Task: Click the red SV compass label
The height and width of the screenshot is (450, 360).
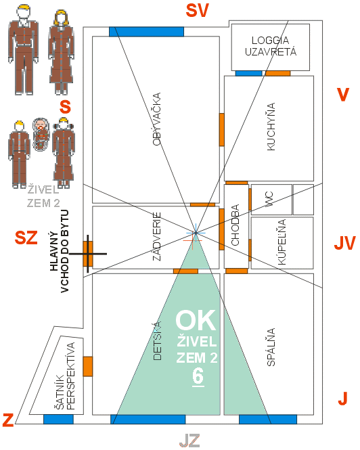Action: tap(197, 11)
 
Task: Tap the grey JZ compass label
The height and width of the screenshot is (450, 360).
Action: tap(189, 441)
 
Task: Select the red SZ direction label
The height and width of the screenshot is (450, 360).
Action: tap(26, 238)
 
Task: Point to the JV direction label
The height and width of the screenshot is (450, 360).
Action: tap(344, 244)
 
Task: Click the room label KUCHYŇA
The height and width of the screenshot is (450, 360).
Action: tap(271, 127)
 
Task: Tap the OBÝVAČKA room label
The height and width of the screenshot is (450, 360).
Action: tap(156, 119)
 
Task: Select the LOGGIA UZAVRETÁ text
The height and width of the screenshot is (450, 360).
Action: tap(271, 46)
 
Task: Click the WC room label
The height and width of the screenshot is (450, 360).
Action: tap(269, 199)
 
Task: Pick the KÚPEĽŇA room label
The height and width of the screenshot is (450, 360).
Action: tap(282, 242)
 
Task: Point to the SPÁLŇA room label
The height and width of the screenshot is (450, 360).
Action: tap(271, 347)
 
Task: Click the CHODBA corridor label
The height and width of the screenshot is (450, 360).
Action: tap(235, 225)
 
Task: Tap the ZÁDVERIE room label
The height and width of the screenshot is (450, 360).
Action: tap(156, 236)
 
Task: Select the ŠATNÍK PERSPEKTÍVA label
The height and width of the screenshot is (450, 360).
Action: tap(64, 376)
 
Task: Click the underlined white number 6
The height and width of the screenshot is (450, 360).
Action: tap(198, 376)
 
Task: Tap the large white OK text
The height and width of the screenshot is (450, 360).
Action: tap(196, 320)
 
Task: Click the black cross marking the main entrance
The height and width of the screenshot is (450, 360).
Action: tap(88, 254)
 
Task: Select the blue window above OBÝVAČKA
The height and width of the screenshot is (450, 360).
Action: tap(146, 32)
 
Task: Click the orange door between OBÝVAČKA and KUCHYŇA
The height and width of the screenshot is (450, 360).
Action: tap(222, 130)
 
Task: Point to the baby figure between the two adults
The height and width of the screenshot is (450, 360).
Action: tap(41, 134)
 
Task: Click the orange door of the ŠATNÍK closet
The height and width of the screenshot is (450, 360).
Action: tap(88, 367)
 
